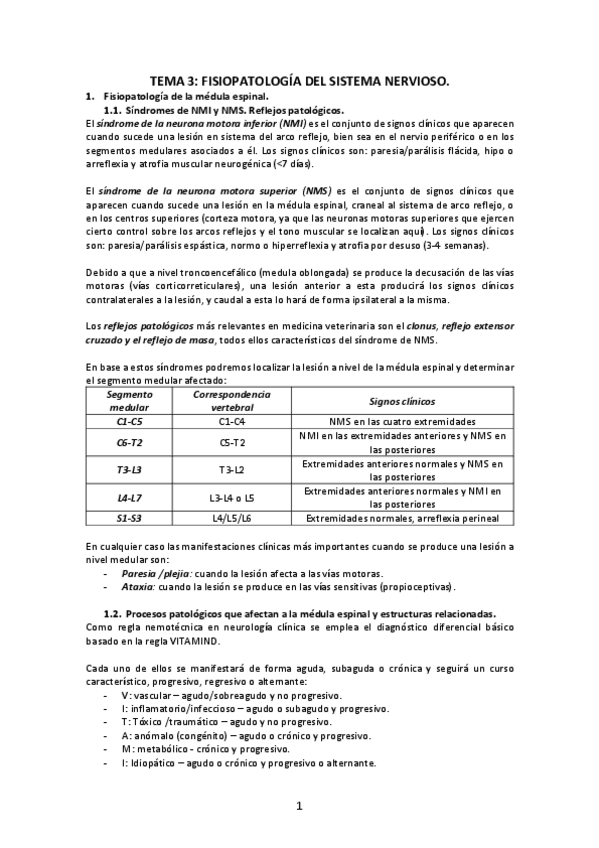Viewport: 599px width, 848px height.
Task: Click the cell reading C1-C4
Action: (x=231, y=421)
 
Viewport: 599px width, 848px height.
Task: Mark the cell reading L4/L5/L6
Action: (x=231, y=518)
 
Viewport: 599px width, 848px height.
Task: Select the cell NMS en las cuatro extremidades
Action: (x=402, y=421)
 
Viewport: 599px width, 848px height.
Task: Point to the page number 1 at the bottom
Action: (x=299, y=807)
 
